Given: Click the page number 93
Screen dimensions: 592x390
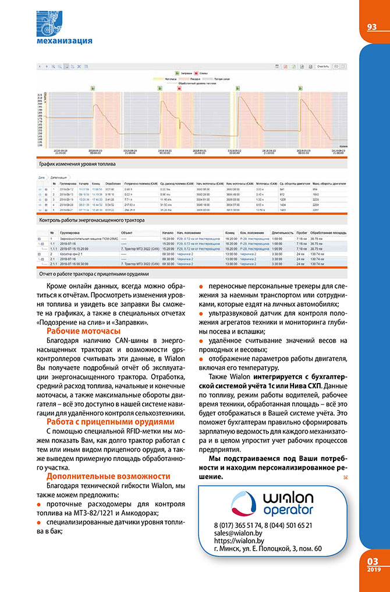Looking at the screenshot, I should tap(372, 27).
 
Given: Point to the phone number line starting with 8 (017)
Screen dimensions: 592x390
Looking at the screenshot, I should tap(263, 525).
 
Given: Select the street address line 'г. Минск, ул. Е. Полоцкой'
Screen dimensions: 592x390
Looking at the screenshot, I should tap(268, 549).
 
